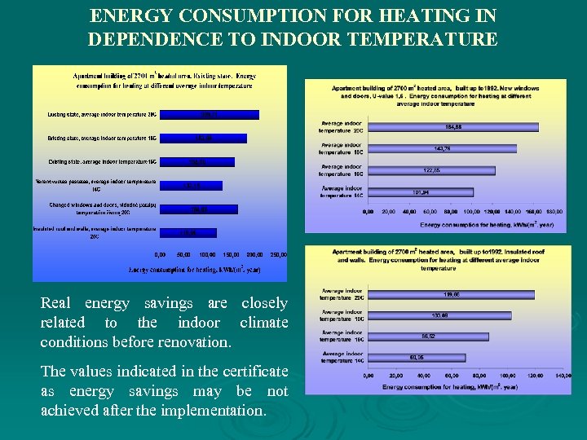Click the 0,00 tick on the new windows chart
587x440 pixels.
point(368,211)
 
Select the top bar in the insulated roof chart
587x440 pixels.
point(451,294)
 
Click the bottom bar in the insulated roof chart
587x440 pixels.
point(417,357)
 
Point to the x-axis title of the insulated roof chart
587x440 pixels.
point(464,385)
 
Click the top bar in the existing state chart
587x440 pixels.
point(210,115)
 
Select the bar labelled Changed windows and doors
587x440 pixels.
point(199,209)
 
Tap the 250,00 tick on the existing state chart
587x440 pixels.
point(278,254)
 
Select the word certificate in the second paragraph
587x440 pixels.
point(256,372)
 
